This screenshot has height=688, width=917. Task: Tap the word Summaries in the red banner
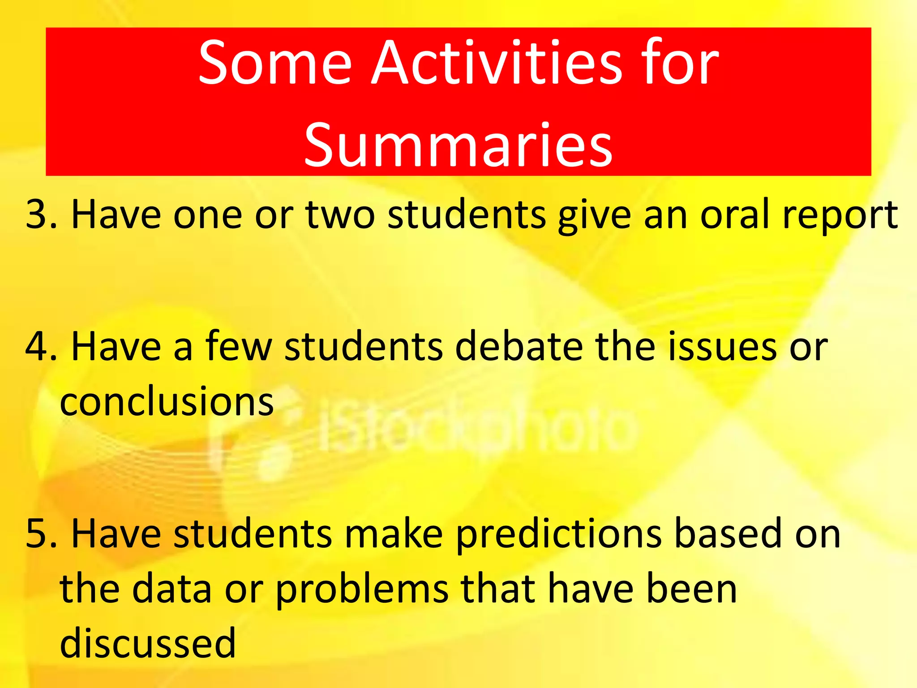tap(458, 146)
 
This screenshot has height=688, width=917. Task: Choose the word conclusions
tap(167, 401)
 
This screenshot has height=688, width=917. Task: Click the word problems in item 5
tap(362, 589)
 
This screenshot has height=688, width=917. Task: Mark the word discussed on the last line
tap(148, 643)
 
